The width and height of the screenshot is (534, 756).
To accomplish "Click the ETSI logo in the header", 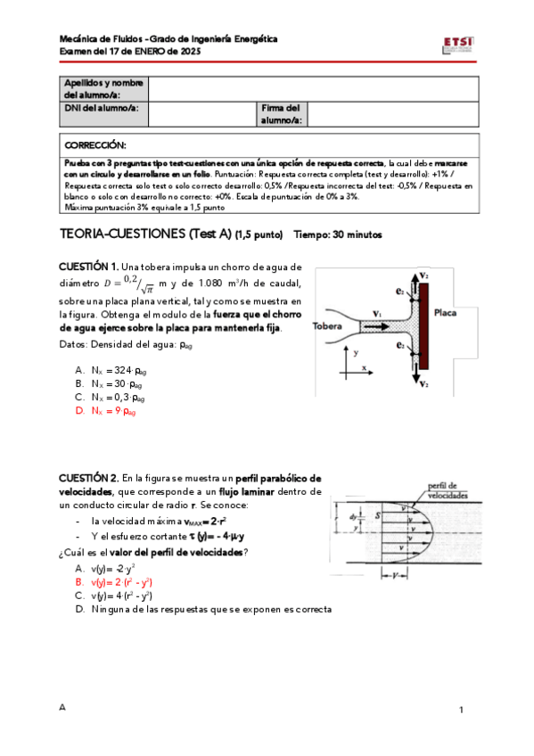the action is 458,45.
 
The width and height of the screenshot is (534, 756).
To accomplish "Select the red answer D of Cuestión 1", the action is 105,411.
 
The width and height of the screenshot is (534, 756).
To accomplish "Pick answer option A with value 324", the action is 111,370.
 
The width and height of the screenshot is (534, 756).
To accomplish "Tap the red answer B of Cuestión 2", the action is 114,582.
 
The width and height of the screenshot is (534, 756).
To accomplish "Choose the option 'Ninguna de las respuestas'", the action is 203,609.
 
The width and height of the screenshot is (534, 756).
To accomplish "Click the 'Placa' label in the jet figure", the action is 445,313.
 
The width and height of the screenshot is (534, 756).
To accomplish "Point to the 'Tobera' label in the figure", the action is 327,326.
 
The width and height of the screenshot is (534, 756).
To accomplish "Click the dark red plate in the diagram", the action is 423,326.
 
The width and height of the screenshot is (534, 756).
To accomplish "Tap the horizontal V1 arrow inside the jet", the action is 376,327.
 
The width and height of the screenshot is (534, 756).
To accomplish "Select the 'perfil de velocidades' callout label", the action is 448,490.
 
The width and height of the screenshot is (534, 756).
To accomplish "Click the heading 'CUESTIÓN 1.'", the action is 88,267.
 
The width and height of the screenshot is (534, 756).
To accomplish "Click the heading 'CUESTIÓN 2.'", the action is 88,478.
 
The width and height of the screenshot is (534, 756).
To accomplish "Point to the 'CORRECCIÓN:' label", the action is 95,145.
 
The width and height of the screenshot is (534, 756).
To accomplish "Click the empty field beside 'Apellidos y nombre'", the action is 313,89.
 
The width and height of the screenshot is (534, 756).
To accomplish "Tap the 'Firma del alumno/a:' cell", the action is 282,114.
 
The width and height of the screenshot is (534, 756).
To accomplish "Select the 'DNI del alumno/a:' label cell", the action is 103,114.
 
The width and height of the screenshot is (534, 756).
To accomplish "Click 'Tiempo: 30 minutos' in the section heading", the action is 338,234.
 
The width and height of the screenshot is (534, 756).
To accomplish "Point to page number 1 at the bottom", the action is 461,710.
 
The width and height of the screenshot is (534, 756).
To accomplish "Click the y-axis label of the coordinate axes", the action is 356,353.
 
